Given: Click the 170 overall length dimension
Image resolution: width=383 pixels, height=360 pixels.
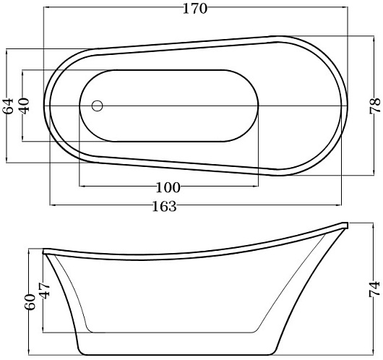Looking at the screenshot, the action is (x=195, y=9).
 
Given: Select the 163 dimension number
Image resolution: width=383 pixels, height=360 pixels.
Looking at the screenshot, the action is (x=164, y=207).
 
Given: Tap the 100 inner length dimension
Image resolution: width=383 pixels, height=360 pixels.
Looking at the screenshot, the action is (x=168, y=188).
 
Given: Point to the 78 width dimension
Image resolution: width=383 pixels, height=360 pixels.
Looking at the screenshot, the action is (x=375, y=106).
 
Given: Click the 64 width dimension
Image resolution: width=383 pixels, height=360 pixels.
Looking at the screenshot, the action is (x=8, y=106).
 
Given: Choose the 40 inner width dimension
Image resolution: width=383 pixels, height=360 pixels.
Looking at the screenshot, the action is (x=25, y=106).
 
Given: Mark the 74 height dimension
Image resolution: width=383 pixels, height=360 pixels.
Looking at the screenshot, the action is (x=374, y=289).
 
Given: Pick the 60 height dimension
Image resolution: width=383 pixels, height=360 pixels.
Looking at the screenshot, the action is (x=30, y=302).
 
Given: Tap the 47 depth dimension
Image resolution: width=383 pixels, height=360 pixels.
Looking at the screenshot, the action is (x=45, y=291).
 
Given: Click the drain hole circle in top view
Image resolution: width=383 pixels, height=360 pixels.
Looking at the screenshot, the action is (x=98, y=106).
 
